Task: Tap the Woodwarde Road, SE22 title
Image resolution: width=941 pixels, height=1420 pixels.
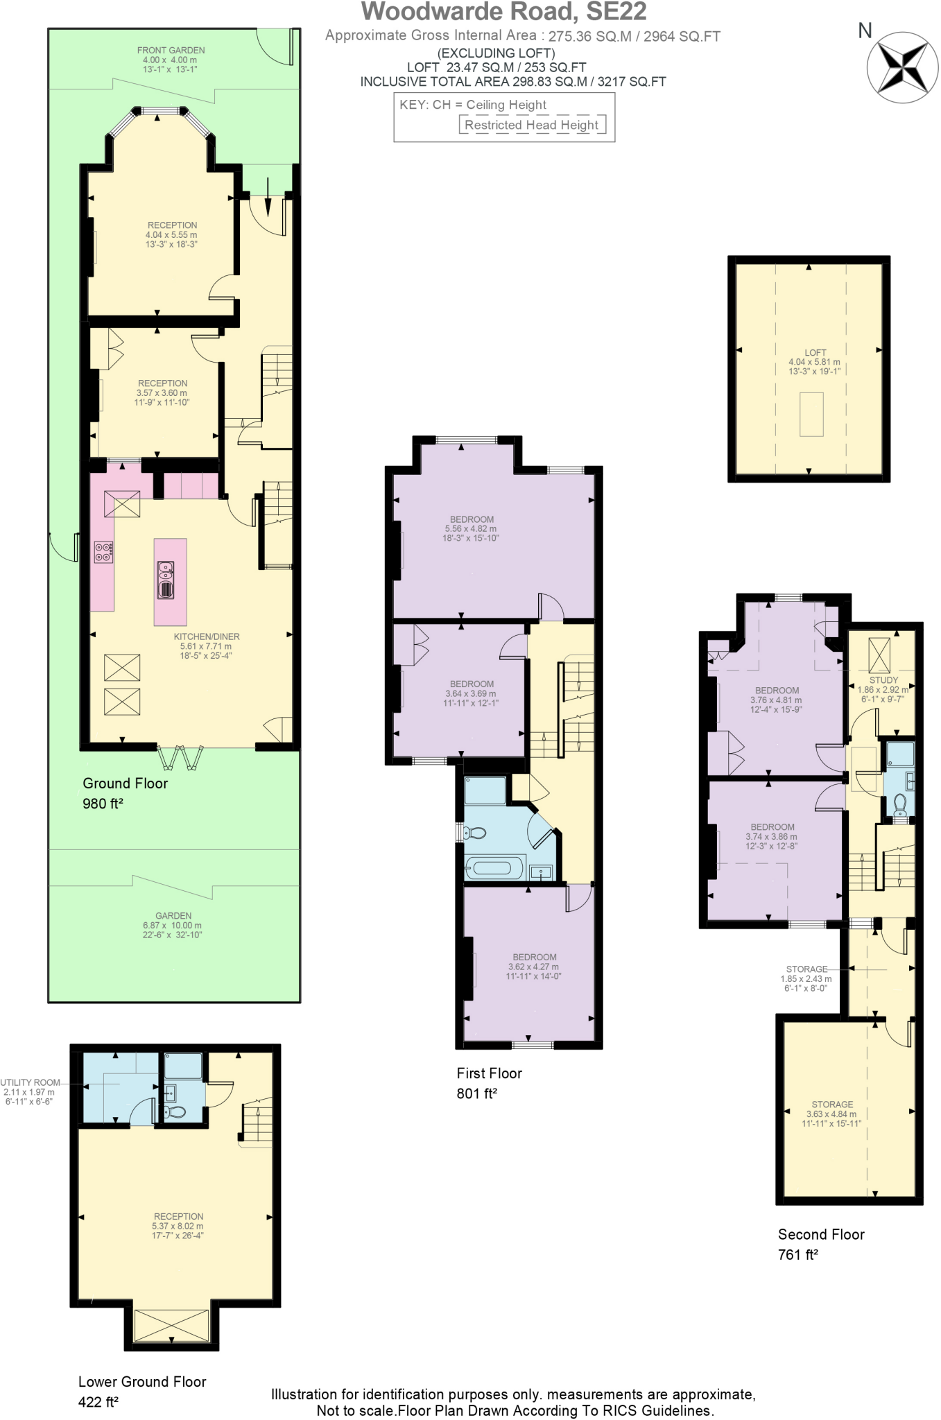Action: (x=504, y=12)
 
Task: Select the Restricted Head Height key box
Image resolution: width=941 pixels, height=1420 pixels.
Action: (x=532, y=125)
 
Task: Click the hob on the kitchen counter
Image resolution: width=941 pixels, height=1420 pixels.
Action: (x=103, y=551)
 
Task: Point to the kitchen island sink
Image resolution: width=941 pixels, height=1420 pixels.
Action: (x=166, y=581)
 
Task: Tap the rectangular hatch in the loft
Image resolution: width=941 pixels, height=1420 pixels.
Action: (x=811, y=414)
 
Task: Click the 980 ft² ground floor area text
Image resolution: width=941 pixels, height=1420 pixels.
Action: (x=103, y=804)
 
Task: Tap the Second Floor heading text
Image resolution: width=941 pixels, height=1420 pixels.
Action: (x=821, y=1234)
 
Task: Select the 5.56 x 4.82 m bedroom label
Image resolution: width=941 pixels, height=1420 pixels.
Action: (x=471, y=528)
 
